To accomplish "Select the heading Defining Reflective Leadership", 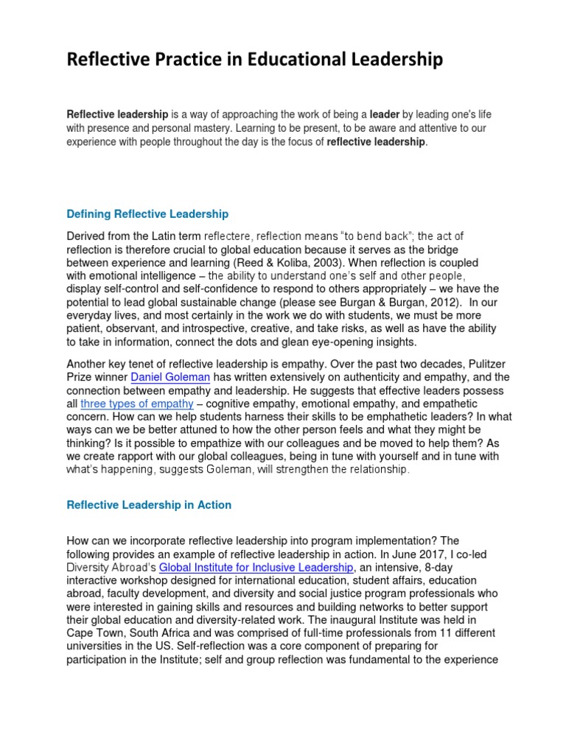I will click(147, 214).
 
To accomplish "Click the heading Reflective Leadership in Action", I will click(149, 505).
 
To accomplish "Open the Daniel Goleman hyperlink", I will click(170, 378).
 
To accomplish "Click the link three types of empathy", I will click(137, 404).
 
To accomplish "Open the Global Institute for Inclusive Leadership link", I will click(257, 568).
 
